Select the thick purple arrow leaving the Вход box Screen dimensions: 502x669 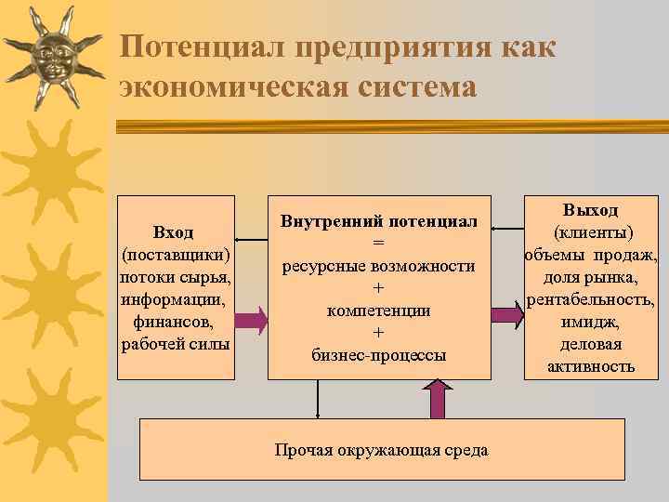[250, 320]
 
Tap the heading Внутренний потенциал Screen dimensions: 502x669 [379, 221]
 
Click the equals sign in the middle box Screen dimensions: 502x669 [378, 244]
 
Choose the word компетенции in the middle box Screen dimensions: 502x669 [378, 310]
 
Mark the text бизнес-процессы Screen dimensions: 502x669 [378, 355]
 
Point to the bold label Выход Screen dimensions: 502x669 [592, 211]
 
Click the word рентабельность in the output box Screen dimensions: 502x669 [592, 299]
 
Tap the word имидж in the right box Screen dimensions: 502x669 [592, 322]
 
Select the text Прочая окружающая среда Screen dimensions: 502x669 [381, 450]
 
